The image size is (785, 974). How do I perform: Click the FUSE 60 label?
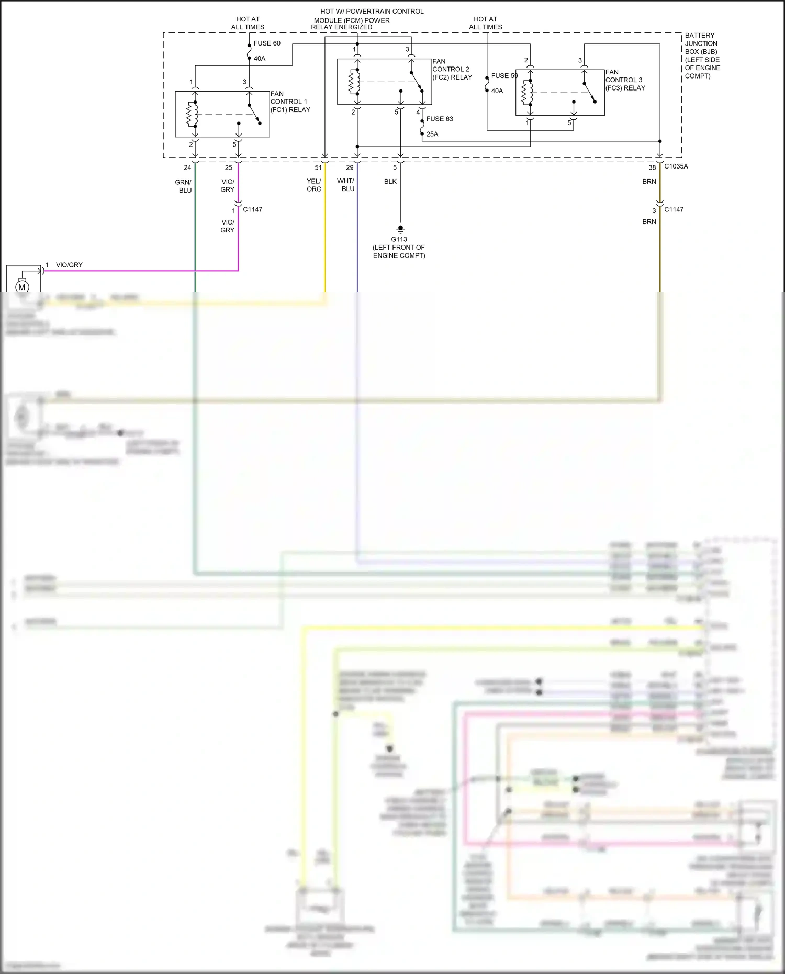coord(267,43)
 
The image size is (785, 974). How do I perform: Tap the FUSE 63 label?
coord(440,119)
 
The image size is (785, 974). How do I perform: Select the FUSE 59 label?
coord(504,76)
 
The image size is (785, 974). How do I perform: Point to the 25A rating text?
coord(432,134)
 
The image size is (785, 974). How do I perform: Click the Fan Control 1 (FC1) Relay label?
coord(290,102)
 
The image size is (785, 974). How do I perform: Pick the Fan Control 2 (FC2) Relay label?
coord(452,69)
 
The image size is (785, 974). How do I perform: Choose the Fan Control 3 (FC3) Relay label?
coord(625,80)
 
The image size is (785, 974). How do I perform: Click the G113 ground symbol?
coord(400,229)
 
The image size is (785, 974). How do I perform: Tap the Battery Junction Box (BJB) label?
coord(702,55)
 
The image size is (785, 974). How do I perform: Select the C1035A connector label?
coord(676,166)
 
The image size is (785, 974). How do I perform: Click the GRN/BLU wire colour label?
coord(184,186)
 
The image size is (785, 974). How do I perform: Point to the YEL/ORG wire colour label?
coord(314,185)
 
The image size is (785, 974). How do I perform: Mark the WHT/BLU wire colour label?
coord(346,185)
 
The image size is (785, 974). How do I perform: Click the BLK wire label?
coord(390,182)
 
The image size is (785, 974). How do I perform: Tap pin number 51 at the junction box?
coord(318,167)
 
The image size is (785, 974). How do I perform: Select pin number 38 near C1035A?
coord(652,167)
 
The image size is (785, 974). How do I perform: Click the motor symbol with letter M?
coord(22,287)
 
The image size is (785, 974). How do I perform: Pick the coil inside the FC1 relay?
coord(192,114)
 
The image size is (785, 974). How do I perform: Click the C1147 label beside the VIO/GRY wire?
coord(253,209)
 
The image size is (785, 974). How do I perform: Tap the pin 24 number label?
coord(187,167)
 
